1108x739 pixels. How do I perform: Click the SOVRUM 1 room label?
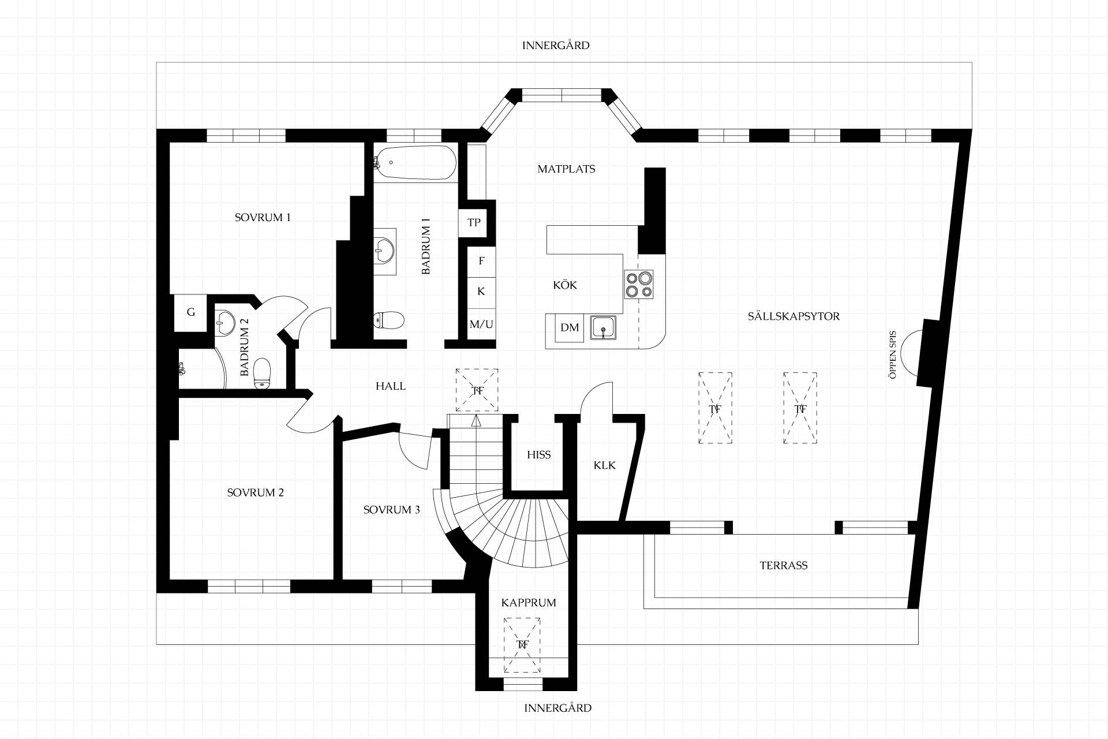coord(263,218)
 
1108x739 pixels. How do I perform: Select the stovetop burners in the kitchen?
coord(639,285)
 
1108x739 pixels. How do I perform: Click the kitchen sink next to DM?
coord(603,328)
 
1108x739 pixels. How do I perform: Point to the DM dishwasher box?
coord(570,328)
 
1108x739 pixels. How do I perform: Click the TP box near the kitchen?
coord(474,222)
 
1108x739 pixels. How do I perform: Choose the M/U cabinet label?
coord(481,324)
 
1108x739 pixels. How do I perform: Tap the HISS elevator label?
coord(539,455)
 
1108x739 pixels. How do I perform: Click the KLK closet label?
coord(605,465)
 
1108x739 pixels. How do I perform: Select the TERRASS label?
coord(784,566)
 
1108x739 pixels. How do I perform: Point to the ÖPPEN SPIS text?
coord(893,354)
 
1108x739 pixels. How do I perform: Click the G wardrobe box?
coord(191,312)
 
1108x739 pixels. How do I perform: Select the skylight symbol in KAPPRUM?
coord(522,645)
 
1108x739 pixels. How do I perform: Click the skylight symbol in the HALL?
coord(477,390)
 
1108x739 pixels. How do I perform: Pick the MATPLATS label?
coord(566,169)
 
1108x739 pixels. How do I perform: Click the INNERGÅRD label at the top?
coord(556,46)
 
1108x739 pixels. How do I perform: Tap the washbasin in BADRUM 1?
coord(384,251)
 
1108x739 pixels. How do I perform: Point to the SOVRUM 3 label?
coord(392,510)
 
